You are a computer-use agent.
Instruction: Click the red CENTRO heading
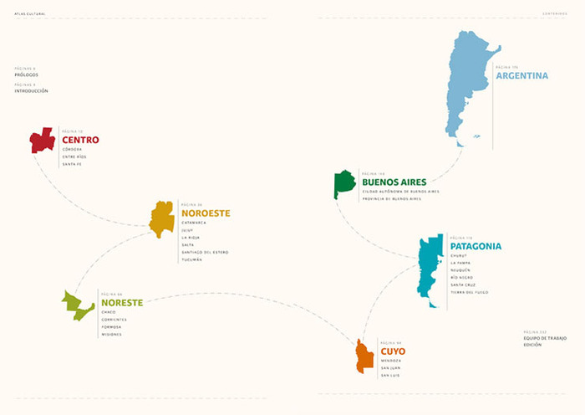[80, 140]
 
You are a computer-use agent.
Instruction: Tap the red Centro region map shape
[42, 140]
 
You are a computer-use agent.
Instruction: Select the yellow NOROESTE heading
[205, 213]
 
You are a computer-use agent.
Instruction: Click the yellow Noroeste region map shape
[161, 219]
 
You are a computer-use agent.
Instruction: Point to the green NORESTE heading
[122, 302]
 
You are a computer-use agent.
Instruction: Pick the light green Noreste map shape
[77, 306]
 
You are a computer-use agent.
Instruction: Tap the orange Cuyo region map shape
[364, 357]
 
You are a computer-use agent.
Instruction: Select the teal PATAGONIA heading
[476, 246]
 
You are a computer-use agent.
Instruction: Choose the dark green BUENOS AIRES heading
[394, 182]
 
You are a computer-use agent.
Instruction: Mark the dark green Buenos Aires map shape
[343, 183]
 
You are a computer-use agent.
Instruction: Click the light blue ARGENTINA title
[522, 75]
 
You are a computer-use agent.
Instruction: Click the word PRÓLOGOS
[26, 74]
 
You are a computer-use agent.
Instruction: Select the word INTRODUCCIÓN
[31, 90]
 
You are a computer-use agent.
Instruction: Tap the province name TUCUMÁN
[191, 259]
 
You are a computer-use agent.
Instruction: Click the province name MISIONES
[111, 334]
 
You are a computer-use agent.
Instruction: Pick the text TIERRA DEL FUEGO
[469, 292]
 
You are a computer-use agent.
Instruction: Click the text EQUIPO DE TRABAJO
[545, 337]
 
